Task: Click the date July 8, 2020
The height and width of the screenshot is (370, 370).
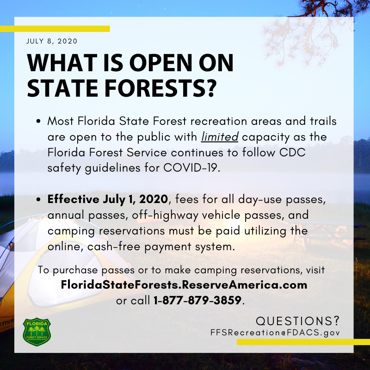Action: (x=52, y=41)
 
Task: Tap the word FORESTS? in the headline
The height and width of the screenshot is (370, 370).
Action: (x=160, y=88)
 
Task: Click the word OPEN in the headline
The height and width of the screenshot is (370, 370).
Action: (x=160, y=63)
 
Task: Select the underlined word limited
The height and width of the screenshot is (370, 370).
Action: (x=220, y=137)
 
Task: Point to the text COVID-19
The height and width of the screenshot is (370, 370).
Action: (x=191, y=168)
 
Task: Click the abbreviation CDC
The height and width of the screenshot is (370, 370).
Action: (x=292, y=153)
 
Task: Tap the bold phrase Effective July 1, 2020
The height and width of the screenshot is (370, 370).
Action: (x=108, y=199)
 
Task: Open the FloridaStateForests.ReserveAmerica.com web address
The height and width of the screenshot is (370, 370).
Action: (x=184, y=285)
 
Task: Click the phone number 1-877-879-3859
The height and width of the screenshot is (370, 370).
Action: (x=197, y=300)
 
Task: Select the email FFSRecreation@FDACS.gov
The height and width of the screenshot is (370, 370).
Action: (x=275, y=333)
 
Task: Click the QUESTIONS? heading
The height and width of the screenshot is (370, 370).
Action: (x=297, y=321)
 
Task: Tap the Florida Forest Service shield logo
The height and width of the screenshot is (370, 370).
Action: (x=37, y=332)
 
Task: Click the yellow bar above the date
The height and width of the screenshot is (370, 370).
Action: (x=55, y=29)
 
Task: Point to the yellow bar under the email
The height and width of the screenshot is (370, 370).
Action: (x=303, y=342)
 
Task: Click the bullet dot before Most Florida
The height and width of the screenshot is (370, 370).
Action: (x=38, y=122)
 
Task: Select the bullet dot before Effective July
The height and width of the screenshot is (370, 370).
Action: (x=38, y=200)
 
